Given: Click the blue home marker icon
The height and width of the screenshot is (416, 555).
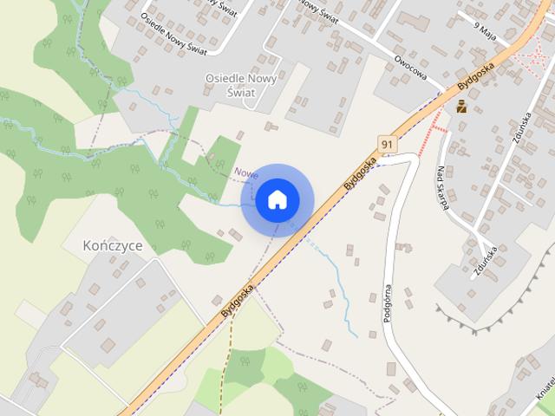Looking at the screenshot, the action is [x=276, y=200].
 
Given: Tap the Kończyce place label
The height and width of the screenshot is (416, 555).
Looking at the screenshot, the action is [x=111, y=246].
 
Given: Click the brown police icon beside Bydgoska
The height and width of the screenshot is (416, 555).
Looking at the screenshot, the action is [x=461, y=107].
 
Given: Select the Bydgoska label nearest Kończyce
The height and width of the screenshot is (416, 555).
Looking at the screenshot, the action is [x=237, y=296].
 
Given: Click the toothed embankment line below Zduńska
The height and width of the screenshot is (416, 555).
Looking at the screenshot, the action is [x=486, y=321].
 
